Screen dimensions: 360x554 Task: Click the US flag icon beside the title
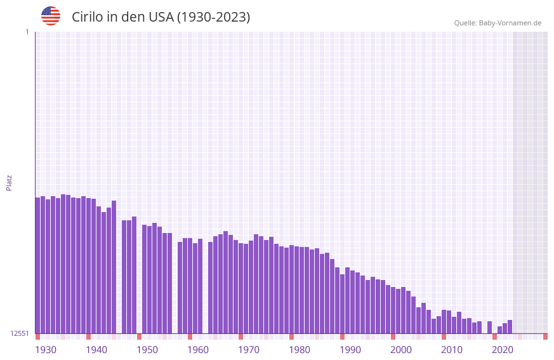click(51, 16)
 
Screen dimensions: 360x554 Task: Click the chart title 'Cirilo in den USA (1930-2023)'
click(161, 17)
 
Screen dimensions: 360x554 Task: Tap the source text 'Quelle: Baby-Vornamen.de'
click(498, 23)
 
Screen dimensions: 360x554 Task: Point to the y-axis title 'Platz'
click(9, 182)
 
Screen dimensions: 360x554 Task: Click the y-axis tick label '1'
click(27, 32)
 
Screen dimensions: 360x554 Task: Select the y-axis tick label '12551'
click(20, 333)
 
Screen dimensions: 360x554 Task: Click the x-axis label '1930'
click(46, 350)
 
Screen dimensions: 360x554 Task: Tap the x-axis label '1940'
click(96, 350)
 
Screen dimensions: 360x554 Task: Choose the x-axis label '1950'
click(147, 350)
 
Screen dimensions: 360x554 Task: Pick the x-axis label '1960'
click(198, 350)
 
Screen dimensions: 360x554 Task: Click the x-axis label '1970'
click(249, 350)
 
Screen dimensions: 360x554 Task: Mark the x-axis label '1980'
click(300, 350)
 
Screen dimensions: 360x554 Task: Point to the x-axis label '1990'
click(350, 350)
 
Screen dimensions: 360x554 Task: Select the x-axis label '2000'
click(401, 350)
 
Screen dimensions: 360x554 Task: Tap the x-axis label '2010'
click(452, 350)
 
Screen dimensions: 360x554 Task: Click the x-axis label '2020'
click(503, 350)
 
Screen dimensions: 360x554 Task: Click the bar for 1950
click(144, 279)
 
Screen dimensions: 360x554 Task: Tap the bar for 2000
click(398, 311)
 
